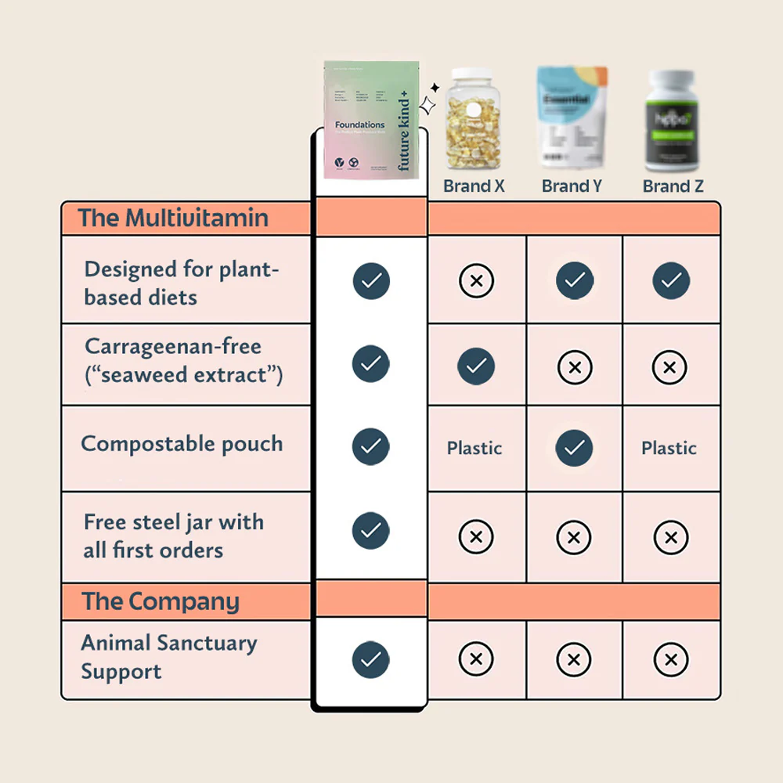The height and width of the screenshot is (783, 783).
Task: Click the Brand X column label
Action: tap(474, 186)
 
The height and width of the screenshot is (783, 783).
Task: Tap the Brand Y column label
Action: tap(572, 186)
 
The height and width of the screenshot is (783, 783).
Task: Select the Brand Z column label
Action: tap(673, 186)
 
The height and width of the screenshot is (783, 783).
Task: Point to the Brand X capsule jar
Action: tap(474, 122)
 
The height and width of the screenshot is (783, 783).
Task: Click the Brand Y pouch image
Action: tap(572, 117)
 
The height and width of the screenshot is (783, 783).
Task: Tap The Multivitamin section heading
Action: tap(173, 218)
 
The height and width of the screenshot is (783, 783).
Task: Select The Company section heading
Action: tap(161, 601)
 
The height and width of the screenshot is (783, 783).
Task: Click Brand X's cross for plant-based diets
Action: tap(476, 280)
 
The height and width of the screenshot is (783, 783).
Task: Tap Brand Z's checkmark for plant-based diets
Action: tap(671, 280)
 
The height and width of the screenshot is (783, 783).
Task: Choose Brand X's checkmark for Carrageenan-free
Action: tap(476, 365)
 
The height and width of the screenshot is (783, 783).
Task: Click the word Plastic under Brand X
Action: tap(474, 449)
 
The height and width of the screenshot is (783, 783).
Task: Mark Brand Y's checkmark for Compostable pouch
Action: tap(574, 448)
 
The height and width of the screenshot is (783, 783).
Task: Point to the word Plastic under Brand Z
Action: tap(669, 449)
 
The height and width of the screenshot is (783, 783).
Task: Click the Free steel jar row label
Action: tap(173, 536)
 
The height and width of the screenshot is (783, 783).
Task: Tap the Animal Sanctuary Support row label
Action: tap(169, 657)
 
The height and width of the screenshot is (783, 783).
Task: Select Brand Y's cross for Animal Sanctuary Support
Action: tap(573, 659)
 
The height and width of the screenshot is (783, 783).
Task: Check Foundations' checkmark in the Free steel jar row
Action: tap(371, 531)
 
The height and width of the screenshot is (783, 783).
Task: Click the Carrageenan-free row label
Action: tap(183, 360)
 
